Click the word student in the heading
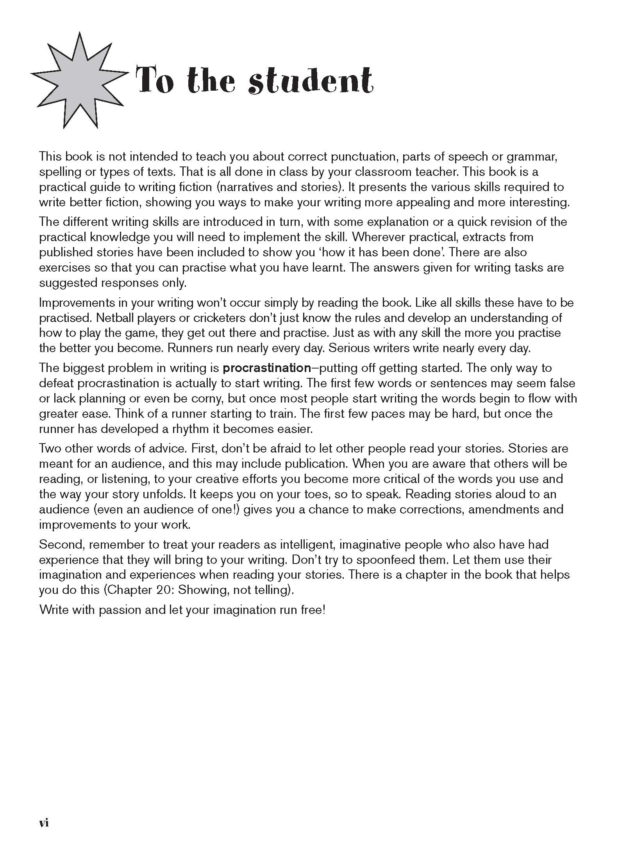pyautogui.click(x=311, y=82)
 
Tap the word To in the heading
pyautogui.click(x=155, y=82)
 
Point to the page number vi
pyautogui.click(x=44, y=812)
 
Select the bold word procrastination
pyautogui.click(x=266, y=368)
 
